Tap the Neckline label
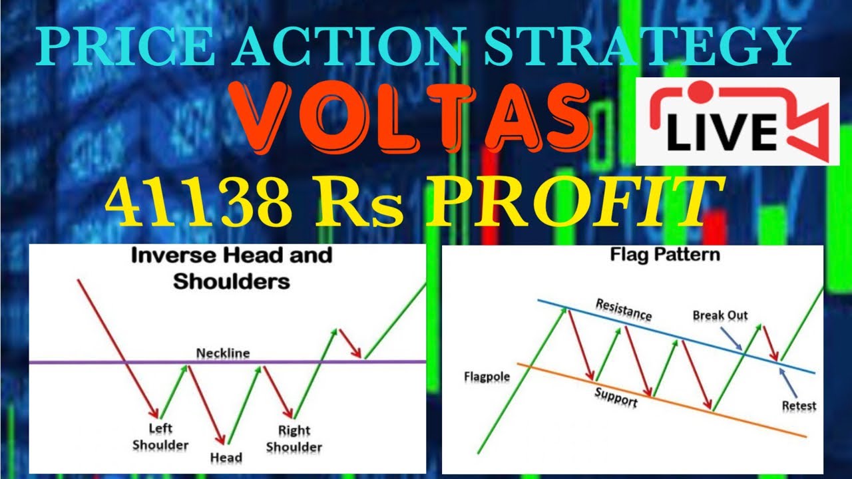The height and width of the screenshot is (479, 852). (222, 353)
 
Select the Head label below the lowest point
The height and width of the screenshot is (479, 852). (226, 458)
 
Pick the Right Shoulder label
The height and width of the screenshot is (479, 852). (294, 438)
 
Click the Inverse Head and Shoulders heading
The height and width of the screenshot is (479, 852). (232, 267)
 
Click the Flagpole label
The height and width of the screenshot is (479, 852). (487, 377)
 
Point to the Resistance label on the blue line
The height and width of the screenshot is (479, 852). (624, 309)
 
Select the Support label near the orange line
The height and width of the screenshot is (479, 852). (616, 397)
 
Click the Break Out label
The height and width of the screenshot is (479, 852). (720, 315)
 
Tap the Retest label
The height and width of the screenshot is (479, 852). (799, 405)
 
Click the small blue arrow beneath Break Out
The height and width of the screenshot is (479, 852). (735, 341)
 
